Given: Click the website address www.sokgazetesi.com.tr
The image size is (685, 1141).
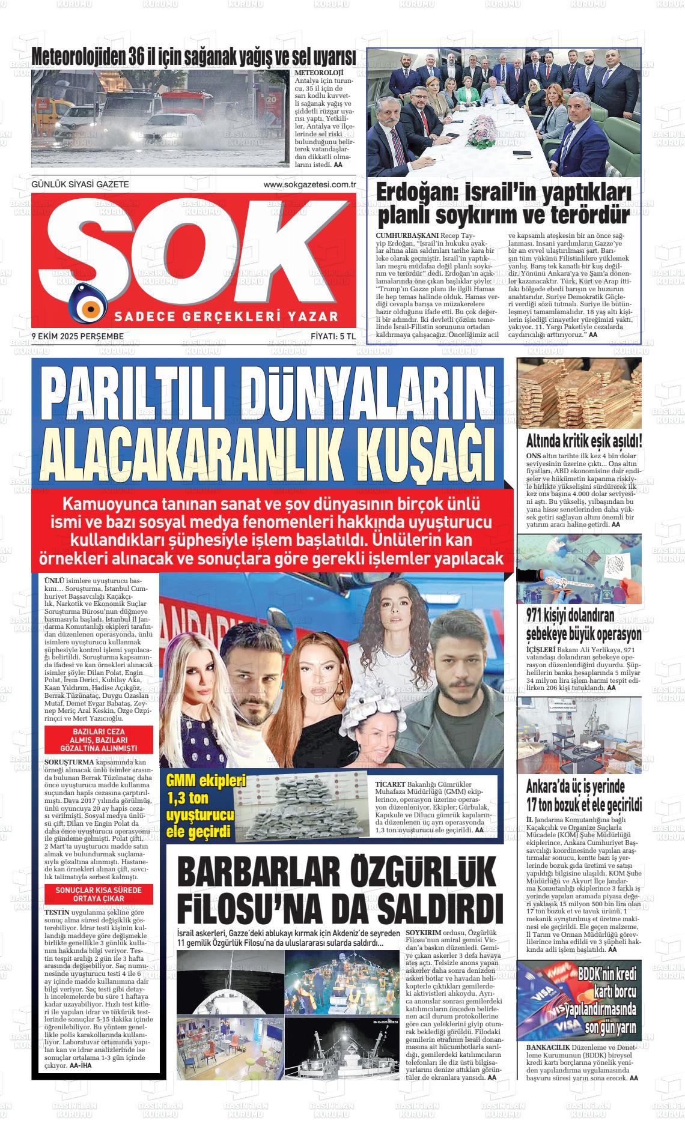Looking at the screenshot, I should pos(309,185).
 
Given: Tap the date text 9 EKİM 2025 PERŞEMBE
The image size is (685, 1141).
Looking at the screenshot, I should pos(78,336).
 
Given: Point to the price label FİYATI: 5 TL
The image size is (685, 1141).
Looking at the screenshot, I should pos(333,336).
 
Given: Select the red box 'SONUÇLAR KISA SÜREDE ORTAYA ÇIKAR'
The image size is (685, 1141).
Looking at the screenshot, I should pos(98,894).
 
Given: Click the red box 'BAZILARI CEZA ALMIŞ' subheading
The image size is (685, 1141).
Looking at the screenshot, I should pos(98,740).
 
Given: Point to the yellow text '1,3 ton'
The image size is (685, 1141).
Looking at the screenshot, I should pos(190,800).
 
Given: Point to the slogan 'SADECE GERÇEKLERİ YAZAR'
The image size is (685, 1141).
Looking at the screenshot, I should pos(227,316).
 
